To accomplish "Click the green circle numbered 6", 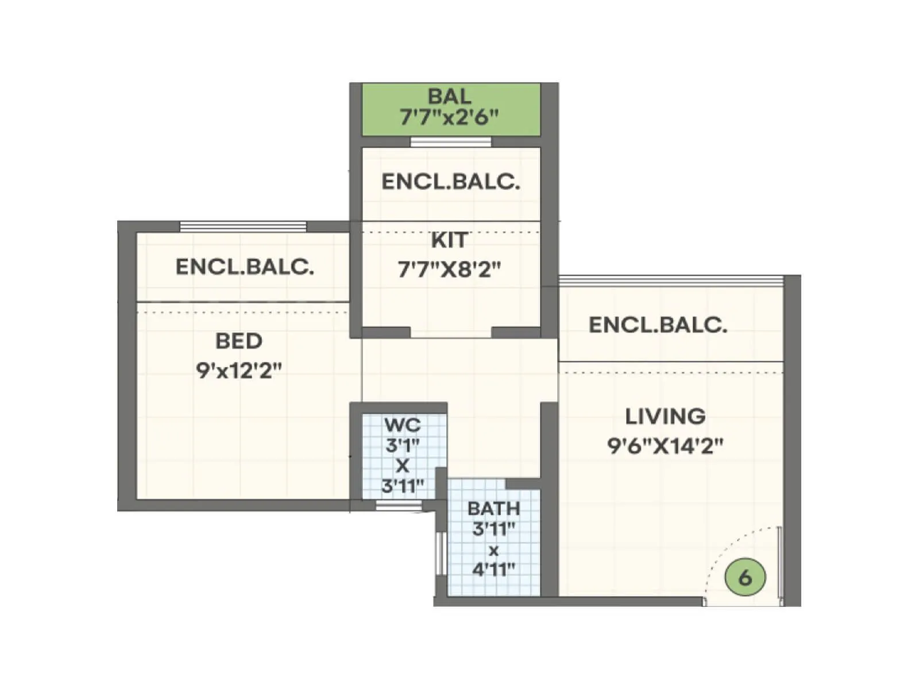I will tap(745, 576).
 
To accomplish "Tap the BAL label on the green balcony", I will tap(450, 96).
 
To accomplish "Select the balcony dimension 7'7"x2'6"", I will tap(450, 117).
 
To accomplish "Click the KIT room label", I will tap(449, 241).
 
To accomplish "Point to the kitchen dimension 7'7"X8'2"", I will tap(449, 269).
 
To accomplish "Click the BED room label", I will tap(239, 341).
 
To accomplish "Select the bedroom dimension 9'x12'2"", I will tap(239, 371).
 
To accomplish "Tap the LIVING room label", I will tap(665, 416).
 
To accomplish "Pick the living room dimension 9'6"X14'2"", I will tap(665, 446).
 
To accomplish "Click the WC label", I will tap(402, 425).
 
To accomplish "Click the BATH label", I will tap(493, 509).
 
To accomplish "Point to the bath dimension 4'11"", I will tap(493, 570).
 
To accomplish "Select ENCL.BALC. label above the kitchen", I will tap(451, 182).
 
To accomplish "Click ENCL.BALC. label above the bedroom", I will tap(245, 267).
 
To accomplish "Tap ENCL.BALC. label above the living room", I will tap(658, 326).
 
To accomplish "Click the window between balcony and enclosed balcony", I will tap(451, 142).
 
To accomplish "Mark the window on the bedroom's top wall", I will tap(244, 227).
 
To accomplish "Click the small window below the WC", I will tap(399, 505).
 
